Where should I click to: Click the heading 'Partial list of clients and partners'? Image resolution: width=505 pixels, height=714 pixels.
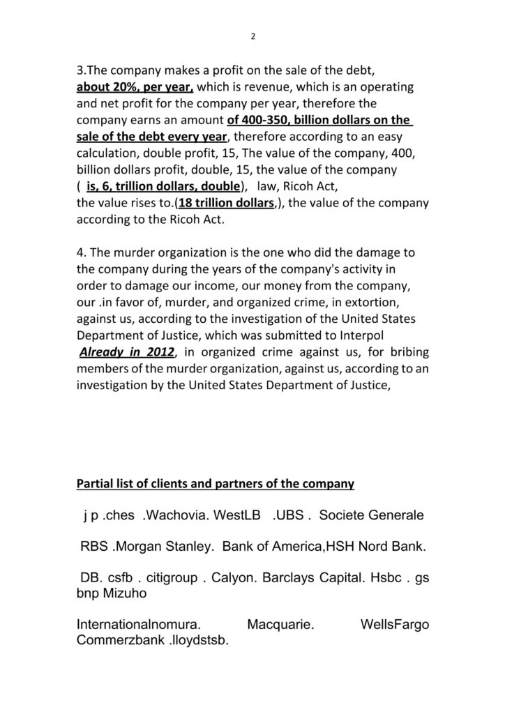pyautogui.click(x=215, y=483)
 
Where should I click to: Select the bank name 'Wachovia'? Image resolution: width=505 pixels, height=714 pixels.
pyautogui.click(x=169, y=517)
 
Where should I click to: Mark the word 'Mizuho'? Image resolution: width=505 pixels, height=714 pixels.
pyautogui.click(x=123, y=593)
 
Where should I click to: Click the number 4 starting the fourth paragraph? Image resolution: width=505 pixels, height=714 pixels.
pyautogui.click(x=80, y=252)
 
